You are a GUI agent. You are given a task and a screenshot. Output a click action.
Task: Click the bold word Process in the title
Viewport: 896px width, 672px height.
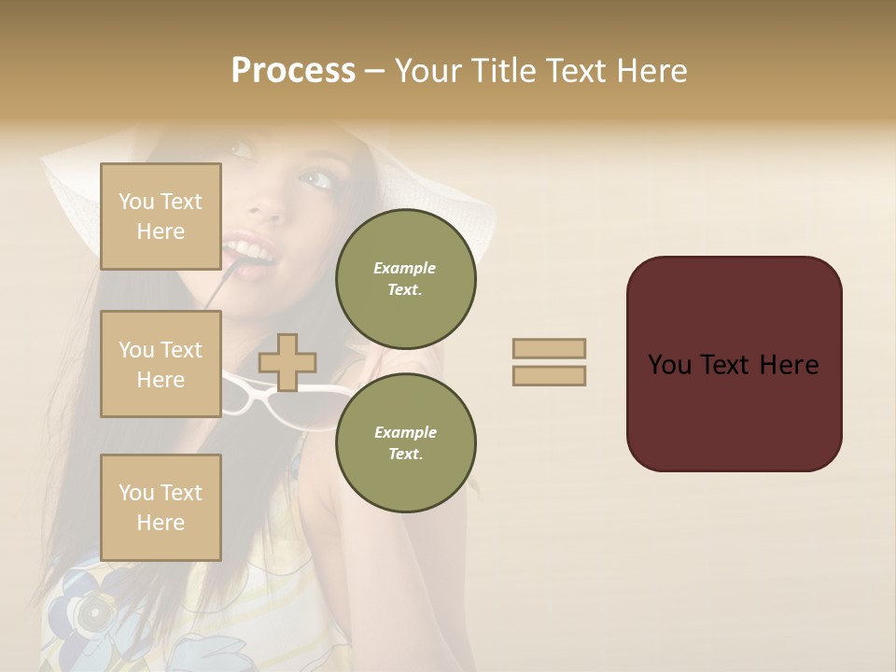[x=293, y=71]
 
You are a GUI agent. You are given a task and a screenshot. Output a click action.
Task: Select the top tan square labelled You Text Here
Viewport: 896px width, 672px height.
[x=161, y=217]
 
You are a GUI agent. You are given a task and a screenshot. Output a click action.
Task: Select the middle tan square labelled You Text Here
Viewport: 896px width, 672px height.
[x=161, y=364]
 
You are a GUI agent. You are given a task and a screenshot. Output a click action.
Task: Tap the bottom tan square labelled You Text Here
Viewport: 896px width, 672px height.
[x=161, y=508]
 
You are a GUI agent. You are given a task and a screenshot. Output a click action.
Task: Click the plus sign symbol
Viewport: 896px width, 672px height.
[x=287, y=362]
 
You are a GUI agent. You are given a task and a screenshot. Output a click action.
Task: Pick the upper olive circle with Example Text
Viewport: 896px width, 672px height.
[x=405, y=279]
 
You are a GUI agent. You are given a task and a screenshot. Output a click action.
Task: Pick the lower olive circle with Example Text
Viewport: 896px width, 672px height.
[x=405, y=443]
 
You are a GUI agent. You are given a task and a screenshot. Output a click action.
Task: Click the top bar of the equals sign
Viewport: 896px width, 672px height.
[x=550, y=349]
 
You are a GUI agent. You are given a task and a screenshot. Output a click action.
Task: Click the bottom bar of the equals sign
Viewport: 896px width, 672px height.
[x=550, y=375]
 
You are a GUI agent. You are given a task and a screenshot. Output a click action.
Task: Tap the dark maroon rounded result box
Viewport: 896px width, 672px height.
[x=734, y=411]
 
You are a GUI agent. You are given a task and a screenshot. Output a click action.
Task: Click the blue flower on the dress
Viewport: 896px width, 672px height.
[x=89, y=607]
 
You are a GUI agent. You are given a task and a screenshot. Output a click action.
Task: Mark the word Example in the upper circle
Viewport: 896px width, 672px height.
[x=405, y=268]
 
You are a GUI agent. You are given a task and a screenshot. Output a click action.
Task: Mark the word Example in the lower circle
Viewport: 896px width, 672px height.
[x=405, y=432]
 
